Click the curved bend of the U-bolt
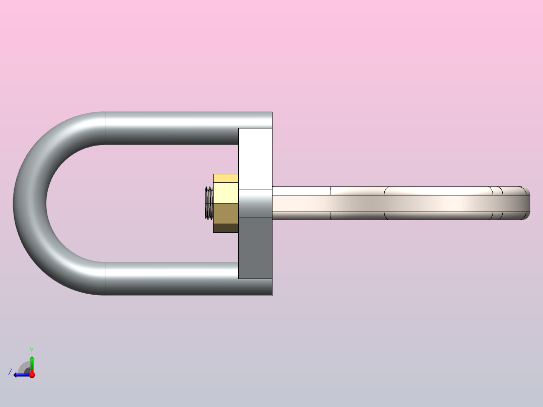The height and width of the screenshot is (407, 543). click(x=30, y=203)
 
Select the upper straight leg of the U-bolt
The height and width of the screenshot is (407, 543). click(x=171, y=128)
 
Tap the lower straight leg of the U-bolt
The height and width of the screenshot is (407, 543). click(x=171, y=278)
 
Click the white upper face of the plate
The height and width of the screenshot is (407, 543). click(x=255, y=158)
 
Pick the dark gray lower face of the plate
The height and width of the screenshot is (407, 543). click(x=255, y=248)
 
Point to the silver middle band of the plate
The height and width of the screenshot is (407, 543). click(x=255, y=203)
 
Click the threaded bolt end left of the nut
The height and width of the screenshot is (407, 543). click(x=209, y=203)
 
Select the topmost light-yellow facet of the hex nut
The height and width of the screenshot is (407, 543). click(x=226, y=178)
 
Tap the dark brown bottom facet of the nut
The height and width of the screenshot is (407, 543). click(x=226, y=228)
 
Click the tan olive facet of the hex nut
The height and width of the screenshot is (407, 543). click(x=226, y=213)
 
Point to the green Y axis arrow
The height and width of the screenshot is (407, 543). click(x=32, y=363)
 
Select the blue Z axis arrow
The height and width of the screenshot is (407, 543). click(x=20, y=375)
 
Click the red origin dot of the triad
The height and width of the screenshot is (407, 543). click(x=32, y=375)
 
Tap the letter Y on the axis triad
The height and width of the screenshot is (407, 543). click(x=32, y=350)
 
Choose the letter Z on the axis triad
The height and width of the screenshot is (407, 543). click(x=10, y=372)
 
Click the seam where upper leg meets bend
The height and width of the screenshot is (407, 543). click(x=105, y=128)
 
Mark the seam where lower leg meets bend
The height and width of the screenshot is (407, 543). click(x=105, y=278)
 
